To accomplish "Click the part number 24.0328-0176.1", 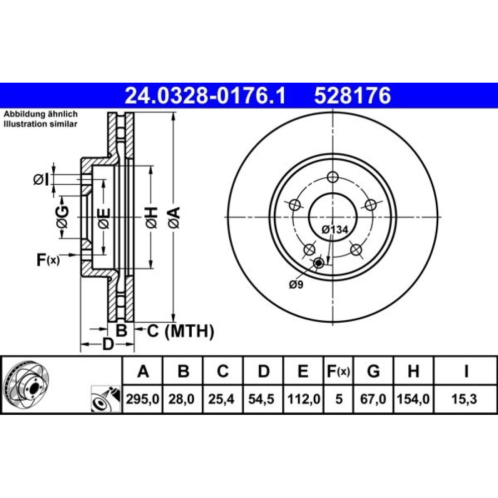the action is pos(205,96).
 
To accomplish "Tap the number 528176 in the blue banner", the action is pos(353,96).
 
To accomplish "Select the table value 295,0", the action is pos(142,399).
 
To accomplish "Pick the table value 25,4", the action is pos(221,399).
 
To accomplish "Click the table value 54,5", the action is pos(261,399).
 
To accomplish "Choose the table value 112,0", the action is pos(304,399).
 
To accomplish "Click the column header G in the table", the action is pos(373,371).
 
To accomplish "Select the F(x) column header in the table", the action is pos(339,372).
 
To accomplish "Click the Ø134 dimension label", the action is pos(335,229).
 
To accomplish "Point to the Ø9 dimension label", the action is pos(296,284).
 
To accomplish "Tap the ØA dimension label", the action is pos(174,218).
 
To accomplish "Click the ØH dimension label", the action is pos(151,218).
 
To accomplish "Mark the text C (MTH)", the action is pos(180,331).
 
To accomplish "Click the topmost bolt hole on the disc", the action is pos(333,177).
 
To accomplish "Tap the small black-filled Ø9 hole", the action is pos(318,263).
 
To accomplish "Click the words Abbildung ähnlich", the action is pos(40,114).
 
